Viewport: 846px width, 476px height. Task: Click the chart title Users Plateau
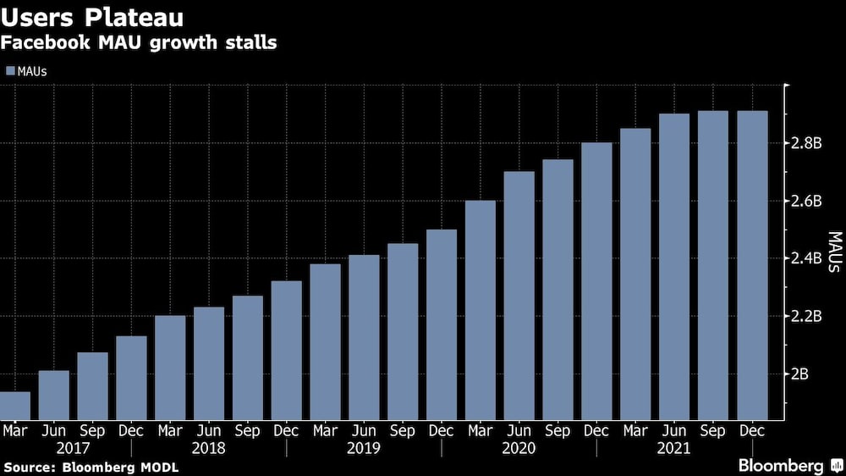coord(94,17)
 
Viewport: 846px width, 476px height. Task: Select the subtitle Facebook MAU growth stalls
coord(140,42)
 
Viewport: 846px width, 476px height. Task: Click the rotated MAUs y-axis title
coord(833,252)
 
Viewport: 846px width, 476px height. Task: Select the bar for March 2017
coord(15,406)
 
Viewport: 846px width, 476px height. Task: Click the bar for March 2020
coord(480,310)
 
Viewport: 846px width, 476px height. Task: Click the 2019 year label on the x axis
coord(364,447)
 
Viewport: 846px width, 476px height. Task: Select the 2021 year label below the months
coord(673,447)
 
